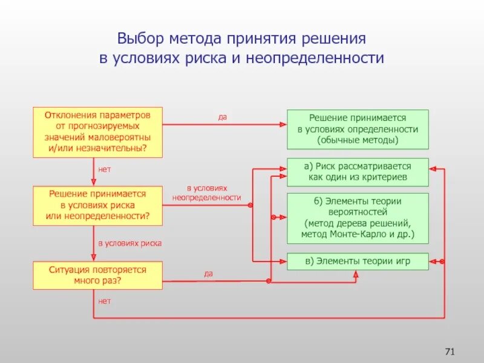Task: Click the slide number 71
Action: point(449,352)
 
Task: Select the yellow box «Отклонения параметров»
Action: point(97,132)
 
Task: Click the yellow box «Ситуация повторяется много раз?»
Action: point(97,275)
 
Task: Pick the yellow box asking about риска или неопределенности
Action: point(97,203)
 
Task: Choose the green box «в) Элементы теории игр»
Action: point(357,261)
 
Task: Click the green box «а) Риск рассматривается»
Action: point(357,172)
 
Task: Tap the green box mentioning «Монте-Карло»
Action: point(357,218)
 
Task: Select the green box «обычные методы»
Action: point(357,129)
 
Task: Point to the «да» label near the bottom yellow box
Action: point(208,273)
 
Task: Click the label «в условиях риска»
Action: point(130,243)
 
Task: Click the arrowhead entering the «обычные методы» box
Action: point(283,125)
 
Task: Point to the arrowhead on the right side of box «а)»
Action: point(433,169)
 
